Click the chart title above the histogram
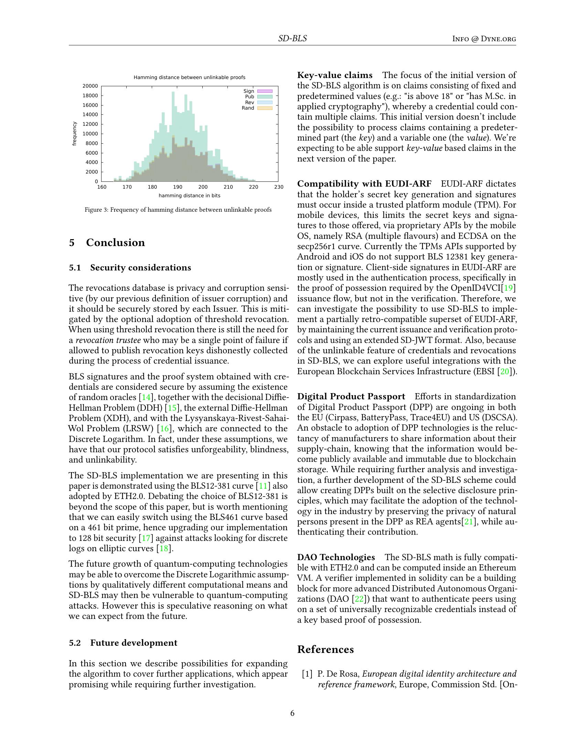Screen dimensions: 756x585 189,77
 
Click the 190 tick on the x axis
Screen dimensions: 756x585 178,187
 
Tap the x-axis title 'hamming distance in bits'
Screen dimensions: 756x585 189,196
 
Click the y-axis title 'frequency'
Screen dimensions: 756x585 74,134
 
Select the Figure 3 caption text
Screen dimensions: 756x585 178,210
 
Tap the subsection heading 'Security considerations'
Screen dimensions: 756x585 140,268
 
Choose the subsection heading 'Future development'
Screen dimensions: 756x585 134,643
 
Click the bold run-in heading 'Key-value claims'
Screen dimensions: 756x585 335,75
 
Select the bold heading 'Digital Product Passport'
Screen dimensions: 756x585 351,396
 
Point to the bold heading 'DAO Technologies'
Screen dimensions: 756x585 336,557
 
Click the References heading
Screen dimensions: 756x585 326,649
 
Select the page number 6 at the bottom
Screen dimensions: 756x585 292,713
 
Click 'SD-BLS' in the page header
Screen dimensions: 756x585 292,38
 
